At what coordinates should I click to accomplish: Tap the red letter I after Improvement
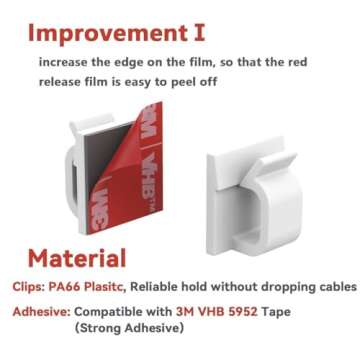coord(198,32)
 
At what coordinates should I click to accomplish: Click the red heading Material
coord(76,258)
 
